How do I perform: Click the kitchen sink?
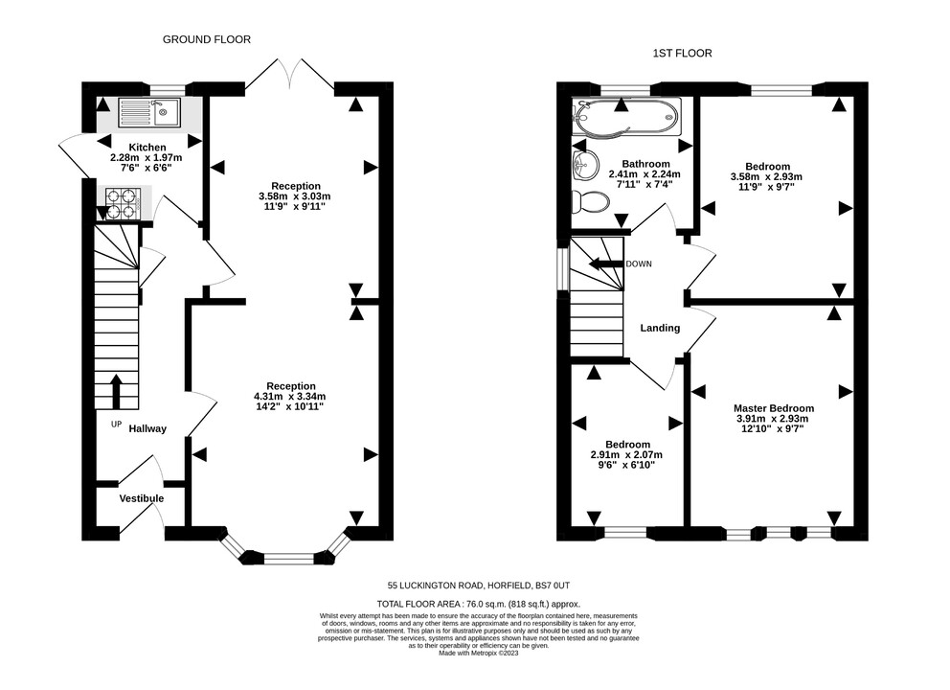click(x=149, y=113)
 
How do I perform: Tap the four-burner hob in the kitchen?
click(x=124, y=204)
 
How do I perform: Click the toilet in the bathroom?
click(x=590, y=202)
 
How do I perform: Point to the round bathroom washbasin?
click(x=585, y=164)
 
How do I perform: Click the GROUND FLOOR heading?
click(x=207, y=39)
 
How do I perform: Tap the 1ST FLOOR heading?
click(x=682, y=54)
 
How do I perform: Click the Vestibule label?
click(x=141, y=498)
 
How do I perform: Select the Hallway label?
click(x=147, y=428)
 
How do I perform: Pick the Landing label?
click(x=660, y=328)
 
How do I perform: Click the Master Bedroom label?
click(x=774, y=408)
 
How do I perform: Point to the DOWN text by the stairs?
click(x=639, y=264)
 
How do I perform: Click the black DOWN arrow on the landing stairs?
click(x=606, y=264)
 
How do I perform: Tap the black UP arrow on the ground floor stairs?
click(x=116, y=392)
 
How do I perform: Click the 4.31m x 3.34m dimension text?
click(x=289, y=397)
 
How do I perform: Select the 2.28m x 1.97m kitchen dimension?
click(x=146, y=157)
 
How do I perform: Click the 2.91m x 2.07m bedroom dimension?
click(x=626, y=455)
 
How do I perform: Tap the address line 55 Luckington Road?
click(x=479, y=586)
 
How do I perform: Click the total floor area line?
click(x=479, y=604)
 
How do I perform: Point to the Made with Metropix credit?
click(x=479, y=653)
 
